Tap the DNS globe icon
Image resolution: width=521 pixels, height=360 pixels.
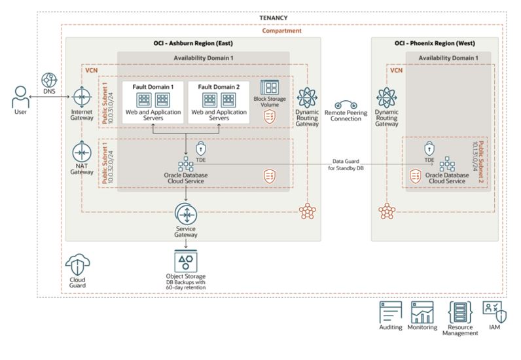49,81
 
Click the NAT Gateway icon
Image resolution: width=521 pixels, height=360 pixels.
81,152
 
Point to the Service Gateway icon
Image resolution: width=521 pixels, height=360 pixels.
187,214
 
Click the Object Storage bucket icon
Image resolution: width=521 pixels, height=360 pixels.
187,261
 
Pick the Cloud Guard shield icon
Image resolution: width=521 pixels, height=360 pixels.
77,268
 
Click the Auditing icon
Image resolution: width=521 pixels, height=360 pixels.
391,312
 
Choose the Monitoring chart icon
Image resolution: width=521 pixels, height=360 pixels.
422,312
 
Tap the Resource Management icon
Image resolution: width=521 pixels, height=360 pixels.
459,312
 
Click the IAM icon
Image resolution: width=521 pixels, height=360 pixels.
492,311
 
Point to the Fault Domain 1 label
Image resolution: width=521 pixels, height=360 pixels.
153,86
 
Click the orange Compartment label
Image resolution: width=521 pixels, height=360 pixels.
281,30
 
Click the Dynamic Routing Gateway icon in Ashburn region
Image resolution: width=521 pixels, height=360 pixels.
308,98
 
